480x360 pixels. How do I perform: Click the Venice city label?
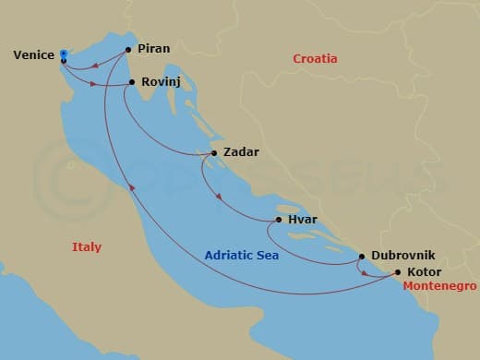(x=34, y=55)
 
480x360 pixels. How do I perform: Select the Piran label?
(x=153, y=49)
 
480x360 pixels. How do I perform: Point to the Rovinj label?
(x=161, y=82)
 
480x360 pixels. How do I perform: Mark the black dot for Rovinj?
(x=132, y=82)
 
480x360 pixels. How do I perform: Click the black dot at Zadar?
(x=214, y=153)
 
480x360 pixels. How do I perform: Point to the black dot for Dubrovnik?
(x=361, y=257)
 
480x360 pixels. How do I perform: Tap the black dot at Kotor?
(x=398, y=272)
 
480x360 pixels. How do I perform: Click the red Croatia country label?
(x=315, y=59)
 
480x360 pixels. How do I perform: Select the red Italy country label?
(x=87, y=247)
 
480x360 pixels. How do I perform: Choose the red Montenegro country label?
(x=439, y=287)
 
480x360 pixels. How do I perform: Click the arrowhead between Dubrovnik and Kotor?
(x=366, y=273)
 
